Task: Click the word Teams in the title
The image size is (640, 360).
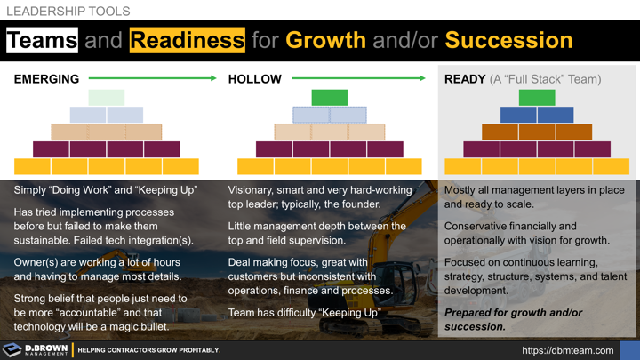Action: (x=42, y=40)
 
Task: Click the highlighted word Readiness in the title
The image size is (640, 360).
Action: (x=187, y=40)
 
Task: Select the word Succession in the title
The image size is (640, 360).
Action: (x=508, y=40)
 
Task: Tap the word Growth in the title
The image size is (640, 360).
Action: (x=326, y=40)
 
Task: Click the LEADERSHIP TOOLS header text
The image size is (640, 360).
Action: (x=68, y=12)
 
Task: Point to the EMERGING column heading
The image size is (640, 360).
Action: (x=46, y=79)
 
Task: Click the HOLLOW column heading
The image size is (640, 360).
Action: (x=254, y=79)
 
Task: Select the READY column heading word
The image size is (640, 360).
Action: (x=465, y=79)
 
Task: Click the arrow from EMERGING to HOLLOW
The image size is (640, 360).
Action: (x=152, y=79)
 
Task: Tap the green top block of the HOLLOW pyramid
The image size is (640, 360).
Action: (x=329, y=98)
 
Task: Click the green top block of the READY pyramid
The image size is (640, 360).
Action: (x=537, y=98)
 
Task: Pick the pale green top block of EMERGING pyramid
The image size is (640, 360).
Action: (x=107, y=98)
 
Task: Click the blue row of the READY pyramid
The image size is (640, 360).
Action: (x=537, y=115)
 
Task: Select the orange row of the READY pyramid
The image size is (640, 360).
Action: (x=537, y=132)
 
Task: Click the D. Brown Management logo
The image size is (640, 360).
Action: (x=36, y=349)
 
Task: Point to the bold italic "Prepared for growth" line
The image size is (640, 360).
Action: (x=513, y=313)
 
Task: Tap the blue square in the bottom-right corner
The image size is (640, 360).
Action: (x=629, y=349)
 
